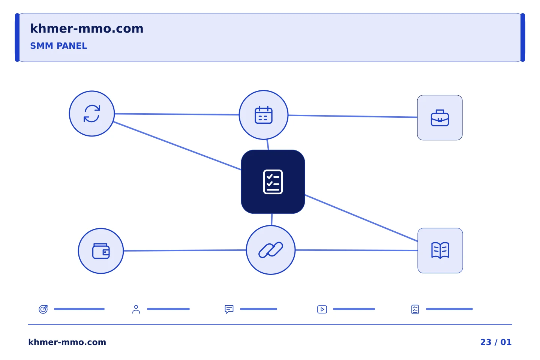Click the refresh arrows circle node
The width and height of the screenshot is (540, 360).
(91, 114)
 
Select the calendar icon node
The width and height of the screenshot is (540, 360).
(264, 115)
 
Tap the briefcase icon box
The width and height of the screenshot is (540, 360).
(440, 118)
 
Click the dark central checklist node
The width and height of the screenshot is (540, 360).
(273, 181)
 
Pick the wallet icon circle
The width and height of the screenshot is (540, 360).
(101, 251)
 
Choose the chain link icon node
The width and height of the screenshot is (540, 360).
(271, 250)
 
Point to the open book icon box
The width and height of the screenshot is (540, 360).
(440, 250)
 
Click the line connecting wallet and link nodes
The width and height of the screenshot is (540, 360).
(185, 250)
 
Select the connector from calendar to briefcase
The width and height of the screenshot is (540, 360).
(352, 116)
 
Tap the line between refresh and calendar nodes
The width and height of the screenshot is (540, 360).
(177, 114)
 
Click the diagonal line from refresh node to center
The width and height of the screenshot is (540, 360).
(177, 146)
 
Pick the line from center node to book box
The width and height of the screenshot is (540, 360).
(361, 218)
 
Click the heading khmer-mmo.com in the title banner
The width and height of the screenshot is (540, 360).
(87, 28)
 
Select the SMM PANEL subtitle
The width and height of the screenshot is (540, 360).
(58, 46)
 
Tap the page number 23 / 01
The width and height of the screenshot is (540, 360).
(496, 342)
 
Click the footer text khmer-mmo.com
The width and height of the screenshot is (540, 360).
(67, 342)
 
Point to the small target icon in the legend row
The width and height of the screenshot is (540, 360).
(43, 309)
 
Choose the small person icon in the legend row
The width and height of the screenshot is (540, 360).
(136, 309)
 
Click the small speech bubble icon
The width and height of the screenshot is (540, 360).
(229, 309)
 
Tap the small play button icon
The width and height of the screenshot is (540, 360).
(322, 309)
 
